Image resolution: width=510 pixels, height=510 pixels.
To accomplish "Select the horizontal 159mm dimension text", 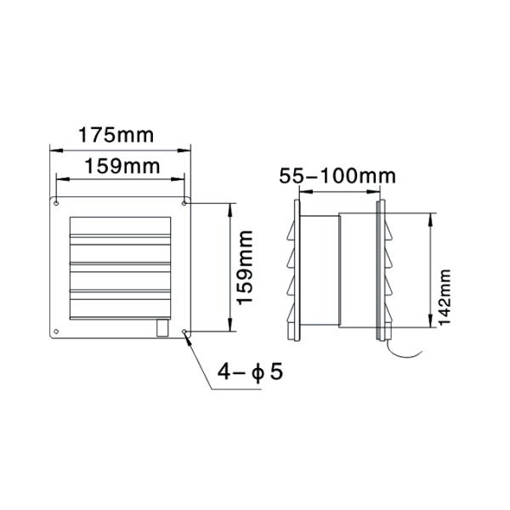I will (x=118, y=167).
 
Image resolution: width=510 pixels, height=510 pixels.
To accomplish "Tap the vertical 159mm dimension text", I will (x=244, y=266).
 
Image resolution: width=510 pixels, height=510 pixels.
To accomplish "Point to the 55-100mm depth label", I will (x=338, y=176).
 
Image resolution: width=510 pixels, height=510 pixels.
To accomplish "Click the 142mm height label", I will (x=444, y=293).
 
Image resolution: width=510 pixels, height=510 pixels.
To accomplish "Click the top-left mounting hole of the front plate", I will (x=56, y=202).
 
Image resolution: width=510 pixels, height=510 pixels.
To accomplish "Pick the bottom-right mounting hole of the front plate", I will (x=185, y=331).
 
